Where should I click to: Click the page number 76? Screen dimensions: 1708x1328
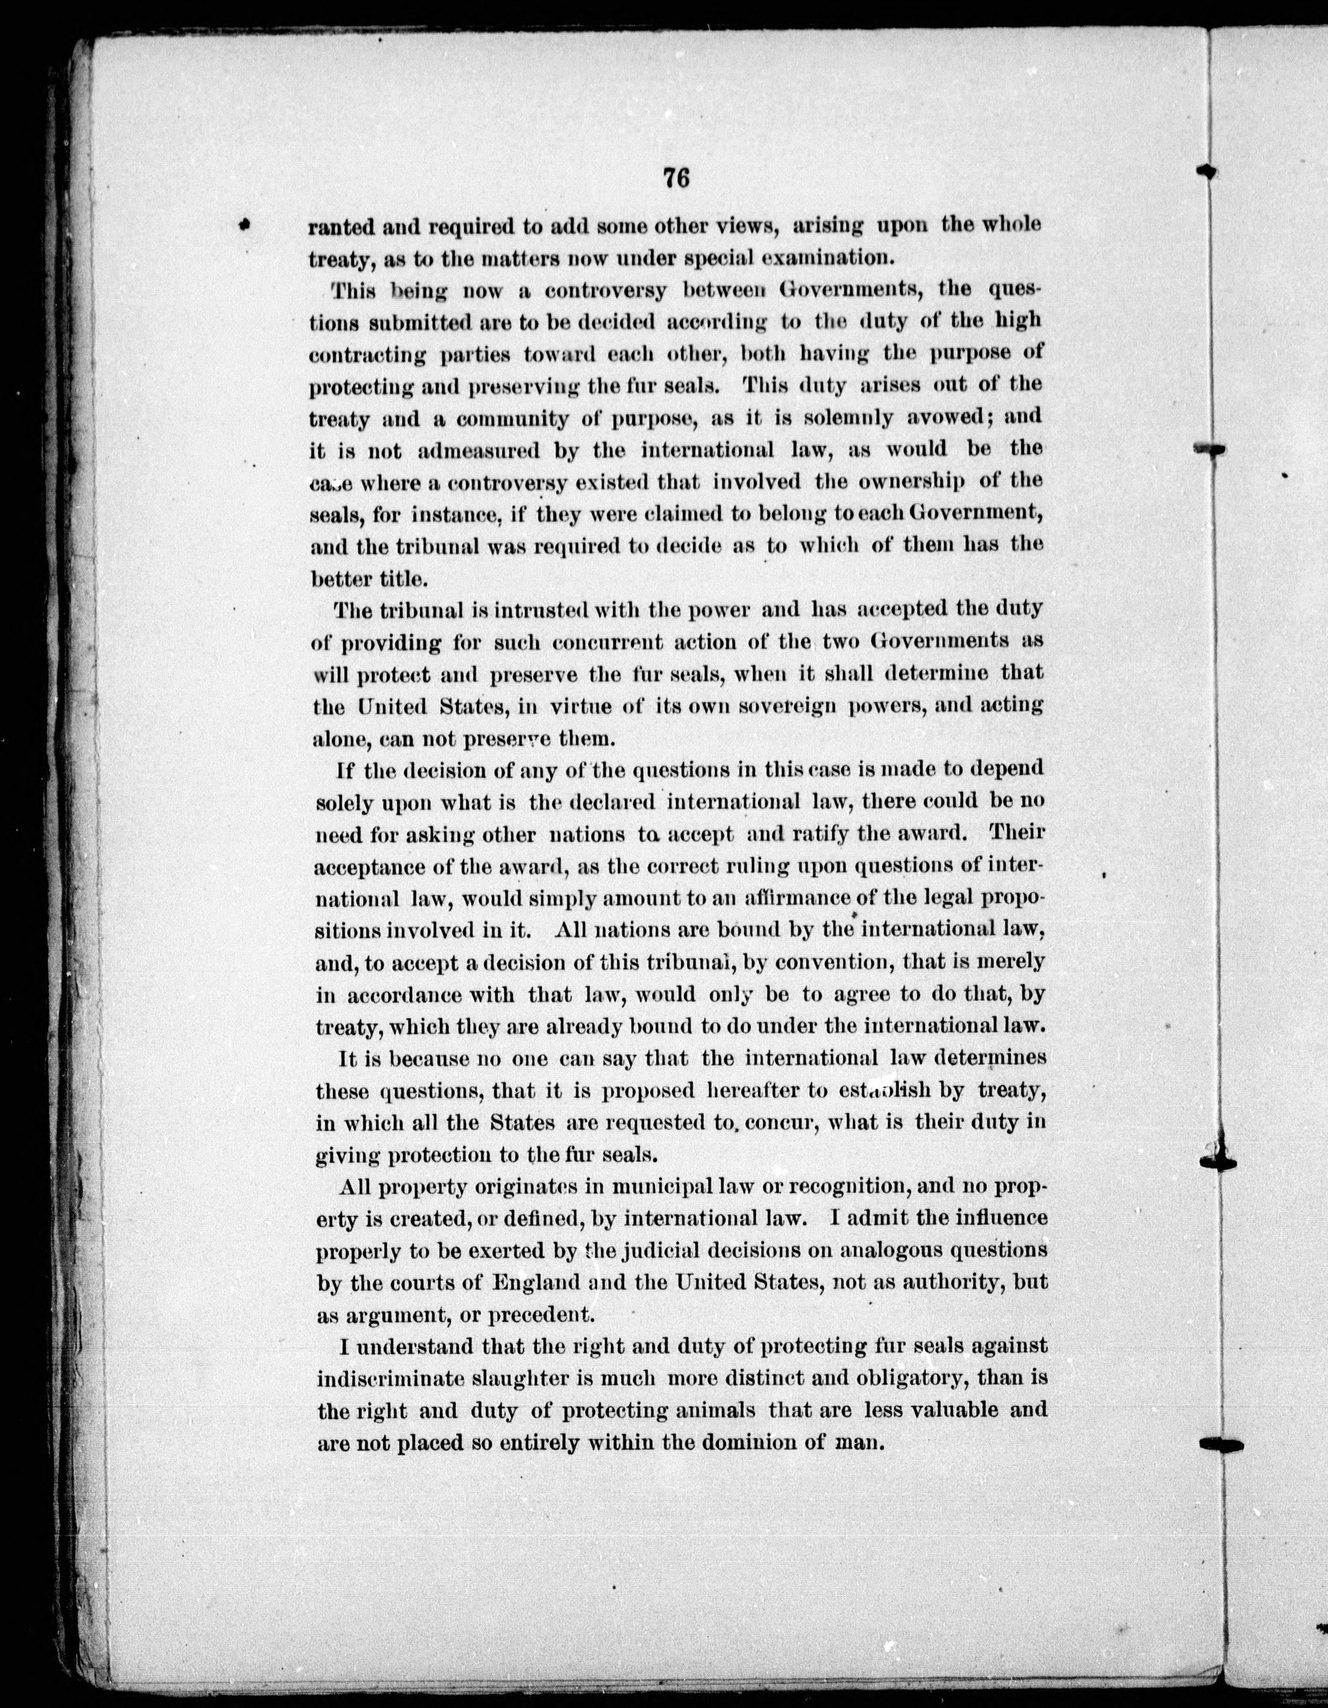click(x=675, y=179)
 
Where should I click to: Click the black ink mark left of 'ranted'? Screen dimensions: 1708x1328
click(x=245, y=225)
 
